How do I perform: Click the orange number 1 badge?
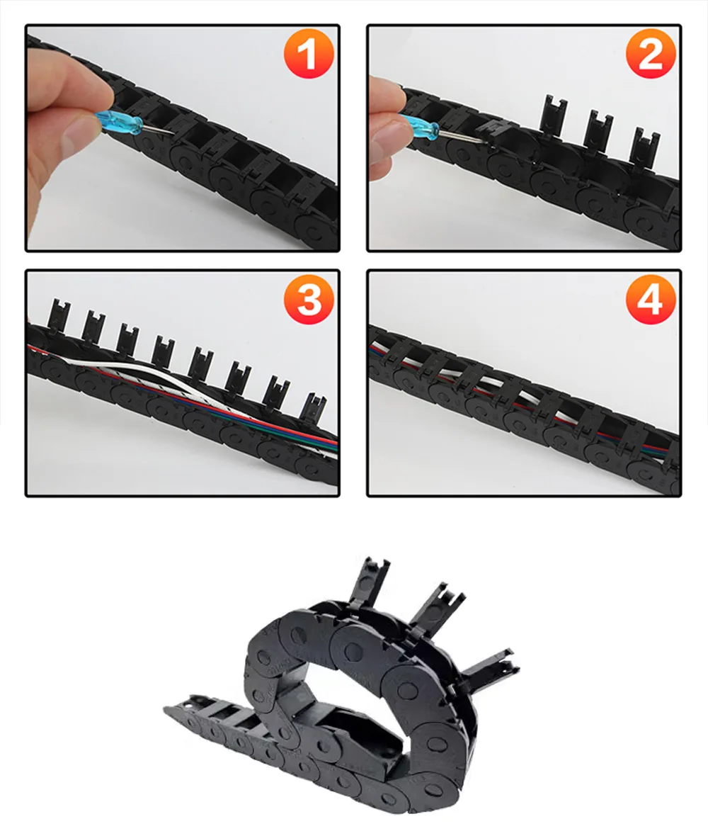click(x=309, y=54)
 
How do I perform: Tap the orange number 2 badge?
click(x=651, y=54)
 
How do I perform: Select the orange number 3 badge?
click(x=309, y=299)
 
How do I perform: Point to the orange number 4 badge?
click(x=651, y=299)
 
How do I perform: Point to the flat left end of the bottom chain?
click(x=184, y=706)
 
